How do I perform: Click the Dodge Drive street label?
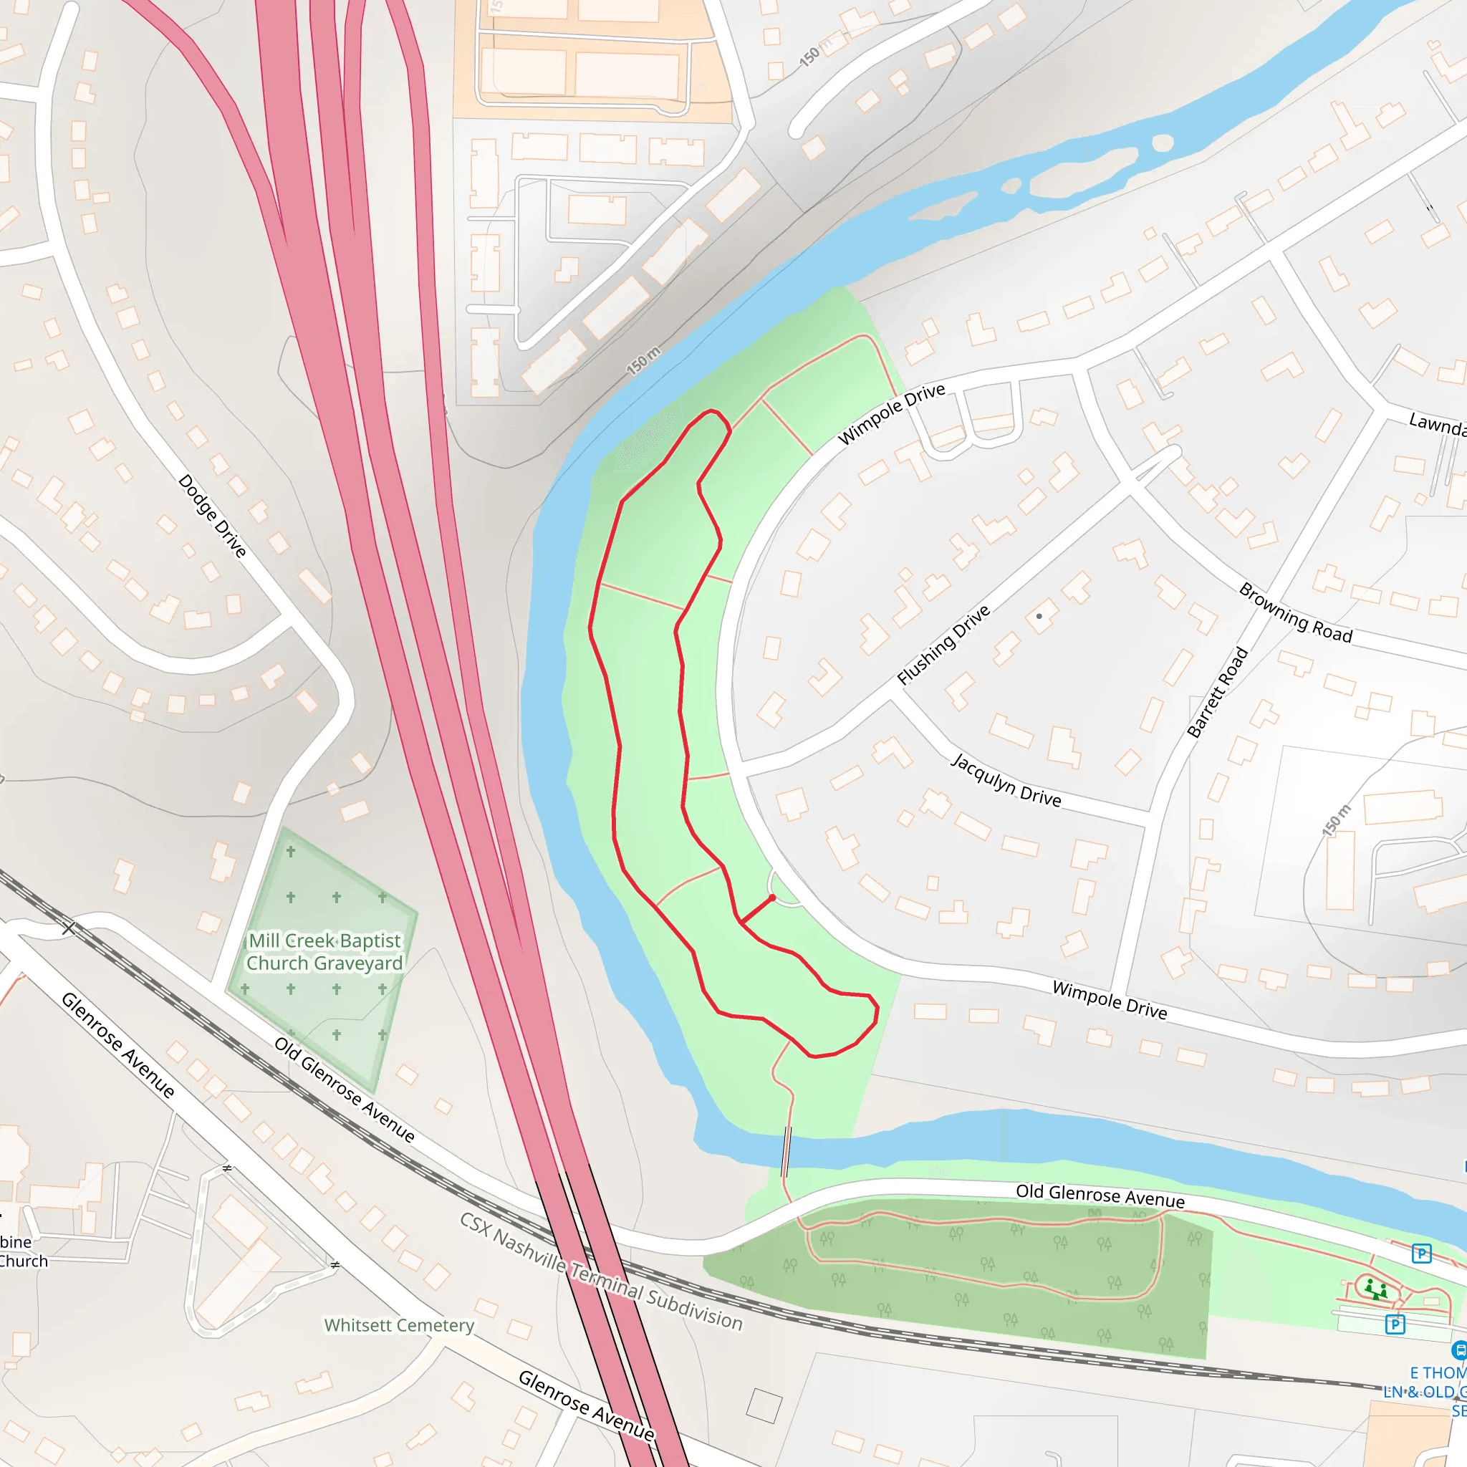[x=213, y=516]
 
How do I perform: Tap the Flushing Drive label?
[x=944, y=645]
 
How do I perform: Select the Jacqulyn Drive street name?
[x=1006, y=779]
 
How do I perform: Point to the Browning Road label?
[x=1295, y=614]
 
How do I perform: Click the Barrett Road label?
[x=1218, y=692]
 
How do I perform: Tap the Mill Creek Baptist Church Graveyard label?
[x=324, y=951]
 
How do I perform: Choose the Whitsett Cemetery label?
[x=399, y=1325]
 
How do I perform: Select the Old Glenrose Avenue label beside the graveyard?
[x=345, y=1090]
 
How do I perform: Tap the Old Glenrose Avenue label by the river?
[x=1100, y=1196]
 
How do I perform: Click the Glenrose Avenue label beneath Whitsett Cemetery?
[x=586, y=1405]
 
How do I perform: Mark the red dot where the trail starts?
[x=772, y=898]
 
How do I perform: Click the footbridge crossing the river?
[x=787, y=1151]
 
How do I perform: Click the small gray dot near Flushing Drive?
[x=1039, y=616]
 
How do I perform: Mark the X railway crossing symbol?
[x=69, y=928]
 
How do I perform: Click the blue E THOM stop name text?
[x=1438, y=1373]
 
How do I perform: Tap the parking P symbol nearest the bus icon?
[x=1395, y=1324]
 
